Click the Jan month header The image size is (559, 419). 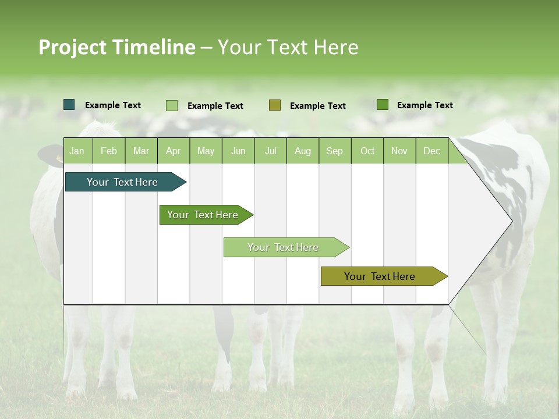tap(77, 151)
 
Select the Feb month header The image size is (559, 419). tap(109, 151)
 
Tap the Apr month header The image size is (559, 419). tap(173, 151)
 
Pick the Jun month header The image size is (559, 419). tap(238, 151)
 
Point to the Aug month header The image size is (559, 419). tap(302, 151)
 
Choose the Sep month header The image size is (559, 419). tap(334, 151)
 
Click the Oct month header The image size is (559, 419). tap(367, 151)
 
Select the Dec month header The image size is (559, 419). tap(431, 151)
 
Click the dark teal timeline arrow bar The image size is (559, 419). tap(122, 182)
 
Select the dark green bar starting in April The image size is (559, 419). tap(203, 215)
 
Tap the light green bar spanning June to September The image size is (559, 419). tap(283, 247)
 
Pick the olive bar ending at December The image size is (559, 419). tap(380, 276)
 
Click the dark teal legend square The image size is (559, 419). tap(69, 105)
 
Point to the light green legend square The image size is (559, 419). tap(172, 105)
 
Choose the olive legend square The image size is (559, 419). tap(275, 105)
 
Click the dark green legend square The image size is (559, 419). tap(383, 105)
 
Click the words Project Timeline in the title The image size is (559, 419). tap(117, 47)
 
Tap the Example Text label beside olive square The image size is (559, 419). tap(317, 105)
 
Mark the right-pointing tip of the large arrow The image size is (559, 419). tap(511, 221)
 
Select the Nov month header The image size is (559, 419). tap(399, 151)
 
